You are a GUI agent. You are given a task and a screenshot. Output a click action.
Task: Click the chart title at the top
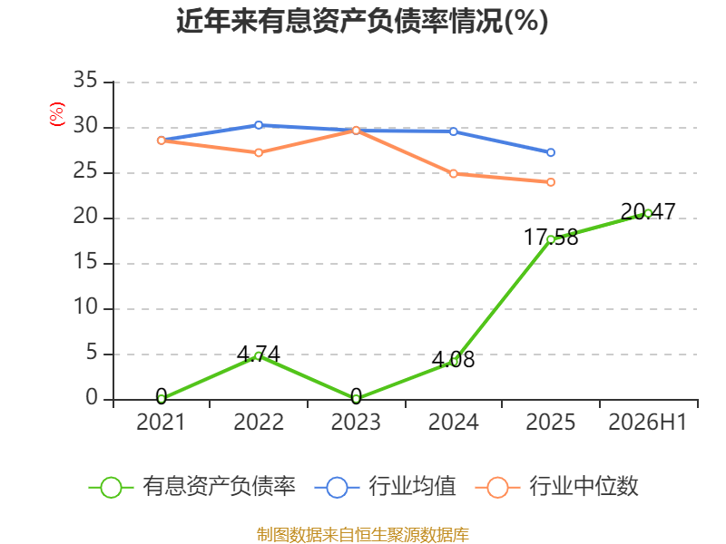(x=362, y=21)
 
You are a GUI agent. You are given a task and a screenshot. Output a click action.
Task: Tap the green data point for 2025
(x=551, y=239)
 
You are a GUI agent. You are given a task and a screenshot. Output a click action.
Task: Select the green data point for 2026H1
(x=648, y=213)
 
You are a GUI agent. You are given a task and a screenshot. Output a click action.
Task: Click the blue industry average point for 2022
(x=259, y=125)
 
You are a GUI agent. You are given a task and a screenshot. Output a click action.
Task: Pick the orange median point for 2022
(x=259, y=152)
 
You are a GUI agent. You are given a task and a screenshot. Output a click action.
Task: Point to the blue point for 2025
(x=551, y=152)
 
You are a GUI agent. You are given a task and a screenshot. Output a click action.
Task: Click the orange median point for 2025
(x=551, y=182)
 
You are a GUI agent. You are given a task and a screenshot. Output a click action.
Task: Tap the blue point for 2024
(x=453, y=131)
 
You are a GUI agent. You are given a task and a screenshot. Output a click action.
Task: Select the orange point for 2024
(x=453, y=173)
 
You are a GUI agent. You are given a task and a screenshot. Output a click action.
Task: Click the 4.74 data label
(x=259, y=355)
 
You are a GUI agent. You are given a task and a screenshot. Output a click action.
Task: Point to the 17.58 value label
(x=551, y=238)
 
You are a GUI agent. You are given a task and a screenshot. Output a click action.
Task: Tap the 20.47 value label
(x=648, y=211)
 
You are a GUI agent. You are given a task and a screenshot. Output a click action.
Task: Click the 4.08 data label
(x=453, y=359)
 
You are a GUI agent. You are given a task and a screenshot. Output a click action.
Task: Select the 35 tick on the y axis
(x=85, y=80)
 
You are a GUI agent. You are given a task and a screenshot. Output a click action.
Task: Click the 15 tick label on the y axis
(x=85, y=262)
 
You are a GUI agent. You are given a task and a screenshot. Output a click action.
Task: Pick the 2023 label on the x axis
(x=356, y=422)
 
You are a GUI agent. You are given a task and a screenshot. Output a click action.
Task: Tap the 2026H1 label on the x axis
(x=648, y=422)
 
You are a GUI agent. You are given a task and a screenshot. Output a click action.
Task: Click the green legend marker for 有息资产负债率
(x=111, y=488)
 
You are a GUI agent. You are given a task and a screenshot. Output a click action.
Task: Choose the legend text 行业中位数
(x=584, y=486)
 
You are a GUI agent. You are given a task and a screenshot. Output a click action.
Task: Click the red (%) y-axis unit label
(x=57, y=114)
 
